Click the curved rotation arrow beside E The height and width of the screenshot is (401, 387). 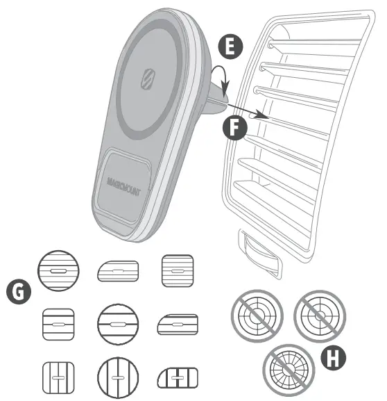click(221, 79)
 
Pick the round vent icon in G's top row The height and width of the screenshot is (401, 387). click(58, 268)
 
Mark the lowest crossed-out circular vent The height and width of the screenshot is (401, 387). click(284, 368)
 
